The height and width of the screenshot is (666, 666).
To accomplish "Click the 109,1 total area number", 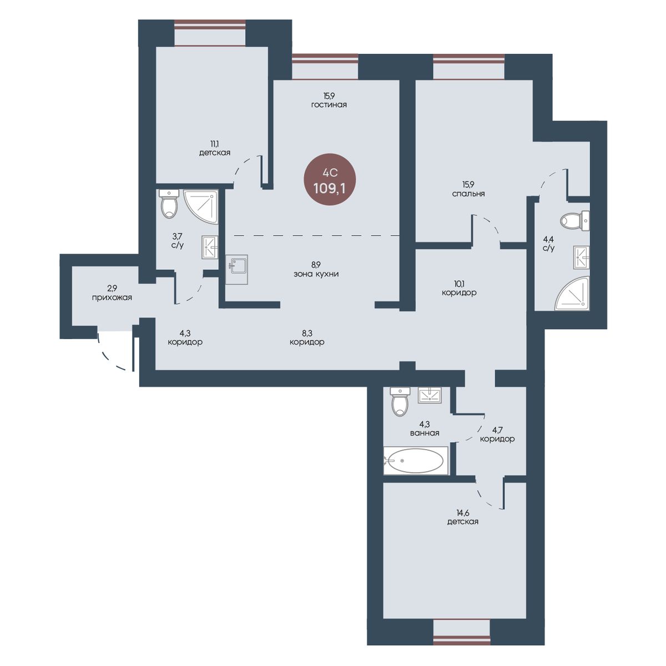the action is point(329,188).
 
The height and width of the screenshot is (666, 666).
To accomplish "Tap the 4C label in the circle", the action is point(330,171).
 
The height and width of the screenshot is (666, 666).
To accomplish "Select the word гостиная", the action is point(329,105).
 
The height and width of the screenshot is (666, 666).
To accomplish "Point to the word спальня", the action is point(468,194).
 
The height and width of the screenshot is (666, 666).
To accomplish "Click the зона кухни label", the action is point(316,274).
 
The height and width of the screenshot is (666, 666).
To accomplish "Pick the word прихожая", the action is point(112,297).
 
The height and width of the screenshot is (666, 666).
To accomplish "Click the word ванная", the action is point(425,433).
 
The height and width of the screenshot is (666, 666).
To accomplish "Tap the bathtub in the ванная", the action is point(416,461).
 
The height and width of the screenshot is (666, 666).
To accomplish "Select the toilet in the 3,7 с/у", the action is point(169,204).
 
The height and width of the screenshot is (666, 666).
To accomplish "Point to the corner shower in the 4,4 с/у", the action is point(572,293).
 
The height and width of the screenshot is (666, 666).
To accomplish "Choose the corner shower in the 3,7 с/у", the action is point(201,206).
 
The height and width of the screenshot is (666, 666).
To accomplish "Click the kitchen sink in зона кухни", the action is point(237,270).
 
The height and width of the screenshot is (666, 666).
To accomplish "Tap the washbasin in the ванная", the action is point(430,395).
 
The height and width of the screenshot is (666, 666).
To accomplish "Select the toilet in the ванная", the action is point(400,402).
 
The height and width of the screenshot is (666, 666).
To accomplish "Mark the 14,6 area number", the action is point(462,513).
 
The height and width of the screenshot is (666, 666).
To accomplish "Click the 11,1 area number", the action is point(214,144).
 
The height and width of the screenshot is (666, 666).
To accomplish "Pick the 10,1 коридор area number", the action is point(458,284).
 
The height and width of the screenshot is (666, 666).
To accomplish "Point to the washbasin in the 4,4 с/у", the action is point(581,257).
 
